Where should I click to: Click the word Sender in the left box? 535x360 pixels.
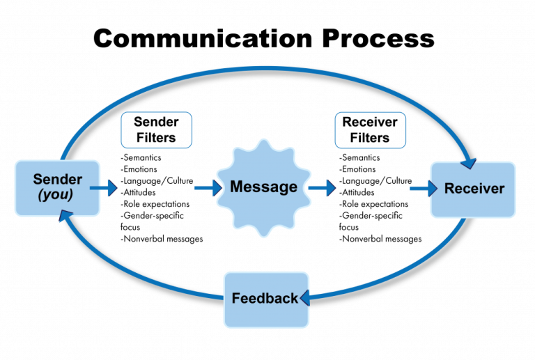click(58, 180)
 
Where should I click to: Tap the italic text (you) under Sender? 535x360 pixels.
click(56, 195)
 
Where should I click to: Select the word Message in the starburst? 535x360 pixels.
click(263, 187)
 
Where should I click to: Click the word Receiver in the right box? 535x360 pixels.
click(474, 189)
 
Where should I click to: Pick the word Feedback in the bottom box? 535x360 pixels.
click(264, 299)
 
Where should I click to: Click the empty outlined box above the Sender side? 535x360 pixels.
click(157, 130)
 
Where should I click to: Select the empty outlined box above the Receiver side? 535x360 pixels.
click(370, 130)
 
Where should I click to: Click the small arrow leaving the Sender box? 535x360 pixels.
click(104, 188)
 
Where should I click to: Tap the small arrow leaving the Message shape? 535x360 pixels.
click(322, 188)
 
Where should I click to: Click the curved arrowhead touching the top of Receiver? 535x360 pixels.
click(469, 162)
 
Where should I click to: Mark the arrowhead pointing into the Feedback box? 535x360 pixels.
click(305, 299)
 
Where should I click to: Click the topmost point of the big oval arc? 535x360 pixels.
click(265, 68)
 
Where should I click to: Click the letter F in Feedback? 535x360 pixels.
click(236, 299)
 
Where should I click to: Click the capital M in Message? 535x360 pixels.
click(237, 187)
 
